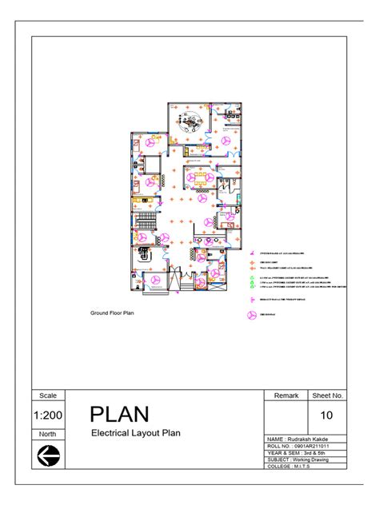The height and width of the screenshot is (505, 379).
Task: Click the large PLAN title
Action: pos(119,415)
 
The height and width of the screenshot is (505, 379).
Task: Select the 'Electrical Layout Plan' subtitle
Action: pos(136,433)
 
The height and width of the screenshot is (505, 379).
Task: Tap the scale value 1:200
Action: pos(47,416)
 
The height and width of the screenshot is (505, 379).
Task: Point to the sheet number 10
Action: pos(327,416)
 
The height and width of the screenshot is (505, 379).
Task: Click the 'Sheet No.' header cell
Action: pos(328,395)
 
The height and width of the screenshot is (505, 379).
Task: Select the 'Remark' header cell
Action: pos(286,395)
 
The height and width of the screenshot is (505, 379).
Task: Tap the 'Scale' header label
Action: pos(47,395)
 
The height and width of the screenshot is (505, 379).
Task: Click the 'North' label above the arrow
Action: pos(47,434)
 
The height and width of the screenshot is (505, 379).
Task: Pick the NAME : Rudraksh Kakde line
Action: pos(297,440)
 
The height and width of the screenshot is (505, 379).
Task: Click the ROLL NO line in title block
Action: pos(297,447)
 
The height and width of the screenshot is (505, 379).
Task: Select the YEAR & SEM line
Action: pos(297,453)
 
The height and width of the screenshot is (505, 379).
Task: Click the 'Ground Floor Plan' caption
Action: pos(112,313)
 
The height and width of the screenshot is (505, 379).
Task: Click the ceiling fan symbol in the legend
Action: pos(250,314)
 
